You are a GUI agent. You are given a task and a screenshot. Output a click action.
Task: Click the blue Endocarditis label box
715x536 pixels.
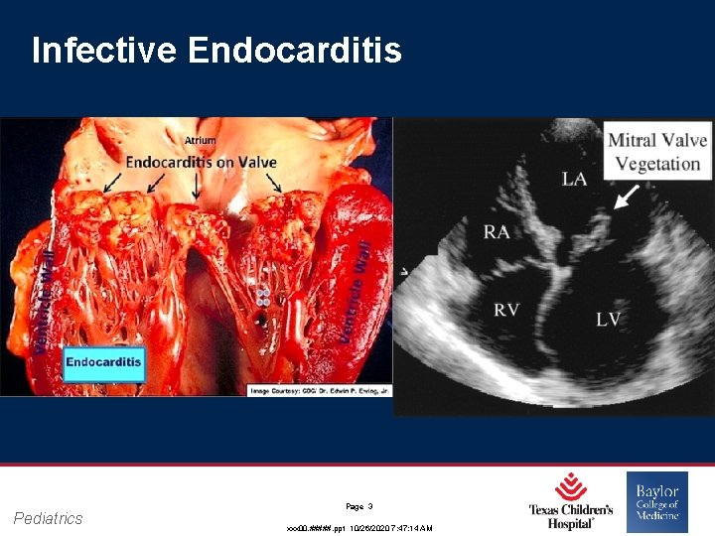pyautogui.click(x=104, y=362)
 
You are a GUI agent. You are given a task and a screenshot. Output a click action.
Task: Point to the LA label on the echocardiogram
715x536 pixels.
pyautogui.click(x=574, y=179)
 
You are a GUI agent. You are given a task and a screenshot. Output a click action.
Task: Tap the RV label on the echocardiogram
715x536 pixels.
pyautogui.click(x=506, y=311)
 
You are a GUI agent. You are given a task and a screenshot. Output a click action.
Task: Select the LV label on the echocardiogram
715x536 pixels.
pyautogui.click(x=609, y=319)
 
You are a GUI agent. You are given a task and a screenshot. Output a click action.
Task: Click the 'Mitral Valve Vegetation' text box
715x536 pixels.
pyautogui.click(x=657, y=152)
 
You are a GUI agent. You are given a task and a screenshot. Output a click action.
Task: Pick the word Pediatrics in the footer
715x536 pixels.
pyautogui.click(x=49, y=518)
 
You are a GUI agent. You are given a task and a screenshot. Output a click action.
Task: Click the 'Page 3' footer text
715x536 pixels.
pyautogui.click(x=359, y=505)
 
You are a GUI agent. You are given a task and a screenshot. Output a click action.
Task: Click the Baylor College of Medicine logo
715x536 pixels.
pyautogui.click(x=657, y=501)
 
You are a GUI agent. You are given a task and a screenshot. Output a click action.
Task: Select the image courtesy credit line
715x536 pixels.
pyautogui.click(x=319, y=390)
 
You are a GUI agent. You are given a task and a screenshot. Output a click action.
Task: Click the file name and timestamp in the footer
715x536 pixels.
pyautogui.click(x=359, y=528)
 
